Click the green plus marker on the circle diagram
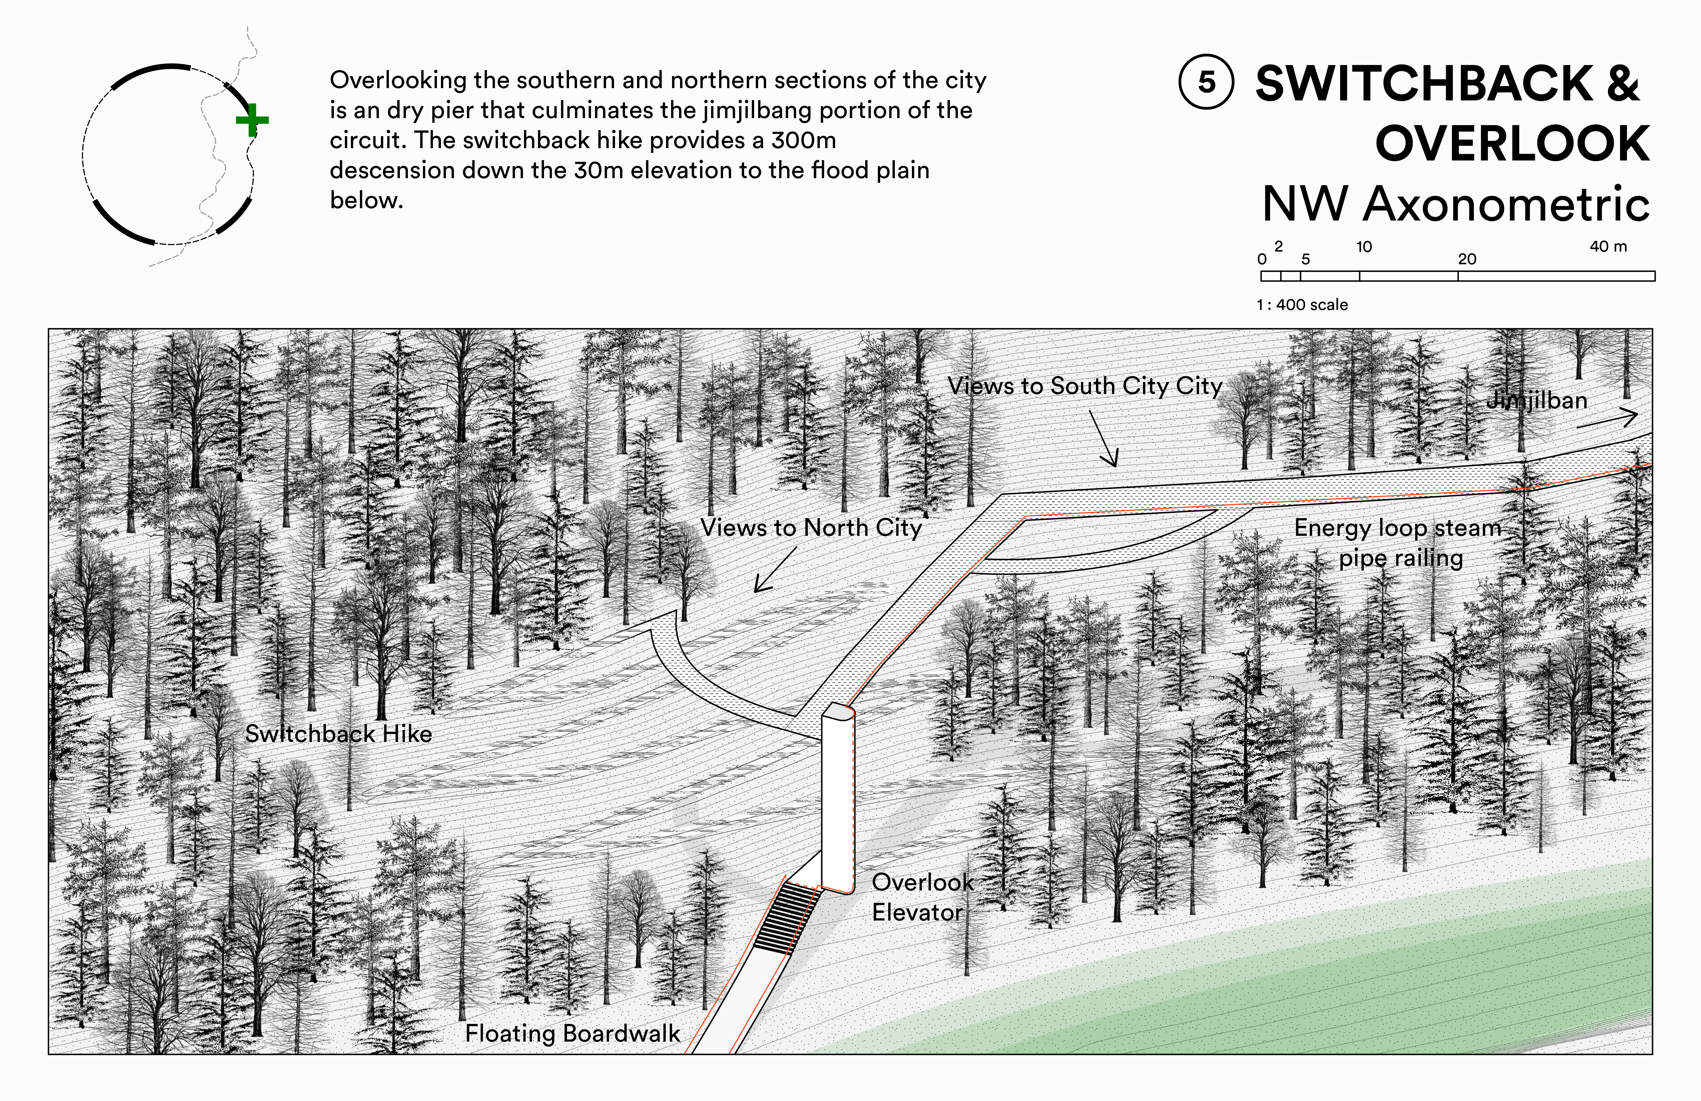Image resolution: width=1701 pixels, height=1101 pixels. point(251,120)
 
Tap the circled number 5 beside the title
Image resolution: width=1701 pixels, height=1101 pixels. point(1206,82)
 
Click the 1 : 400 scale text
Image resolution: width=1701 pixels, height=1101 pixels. point(1302,305)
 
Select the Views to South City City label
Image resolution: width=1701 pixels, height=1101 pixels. point(1085,386)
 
